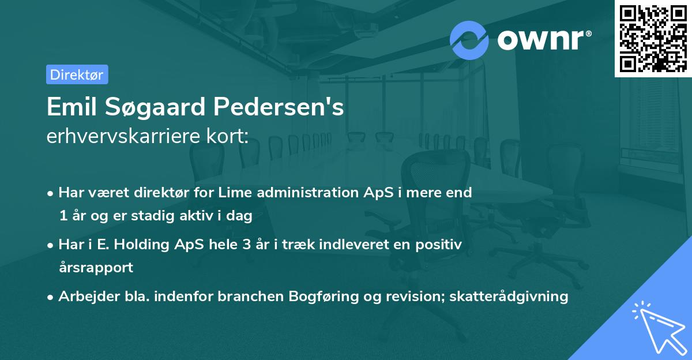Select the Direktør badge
click(x=77, y=74)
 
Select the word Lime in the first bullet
click(x=235, y=193)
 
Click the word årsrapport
click(x=96, y=268)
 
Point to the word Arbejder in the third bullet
click(x=85, y=297)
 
